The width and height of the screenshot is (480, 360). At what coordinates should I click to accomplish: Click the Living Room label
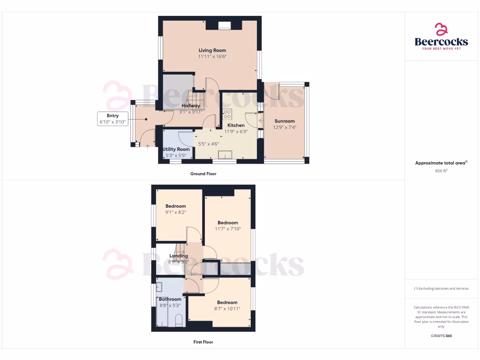[x=212, y=50]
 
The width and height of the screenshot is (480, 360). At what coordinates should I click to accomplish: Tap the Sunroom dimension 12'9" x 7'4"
[x=285, y=127]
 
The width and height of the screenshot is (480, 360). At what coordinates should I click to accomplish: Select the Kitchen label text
[x=236, y=125]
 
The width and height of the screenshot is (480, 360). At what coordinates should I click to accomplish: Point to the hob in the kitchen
[x=227, y=115]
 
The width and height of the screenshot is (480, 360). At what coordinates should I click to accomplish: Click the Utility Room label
[x=176, y=149]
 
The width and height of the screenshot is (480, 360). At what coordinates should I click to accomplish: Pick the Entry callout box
[x=112, y=119]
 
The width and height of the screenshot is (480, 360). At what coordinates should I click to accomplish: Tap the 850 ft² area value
[x=441, y=171]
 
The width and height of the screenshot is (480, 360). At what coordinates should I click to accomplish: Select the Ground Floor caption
[x=203, y=173]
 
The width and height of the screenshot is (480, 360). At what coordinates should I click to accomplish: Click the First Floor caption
[x=203, y=342]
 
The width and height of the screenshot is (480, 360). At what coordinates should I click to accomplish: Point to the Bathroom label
[x=170, y=299]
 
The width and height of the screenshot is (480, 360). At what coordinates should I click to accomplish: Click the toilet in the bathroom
[x=179, y=321]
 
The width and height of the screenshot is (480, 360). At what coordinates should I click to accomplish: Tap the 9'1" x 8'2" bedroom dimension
[x=176, y=212]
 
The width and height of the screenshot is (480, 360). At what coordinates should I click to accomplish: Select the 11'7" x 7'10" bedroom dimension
[x=227, y=229]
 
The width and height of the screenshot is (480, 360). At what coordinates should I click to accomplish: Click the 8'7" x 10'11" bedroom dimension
[x=227, y=308]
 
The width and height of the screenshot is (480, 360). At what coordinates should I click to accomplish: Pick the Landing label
[x=178, y=256]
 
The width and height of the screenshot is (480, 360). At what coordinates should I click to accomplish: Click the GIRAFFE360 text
[x=441, y=336]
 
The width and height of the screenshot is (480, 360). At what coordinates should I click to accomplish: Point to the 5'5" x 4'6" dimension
[x=209, y=144]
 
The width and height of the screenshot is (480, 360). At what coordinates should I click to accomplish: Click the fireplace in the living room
[x=225, y=25]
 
